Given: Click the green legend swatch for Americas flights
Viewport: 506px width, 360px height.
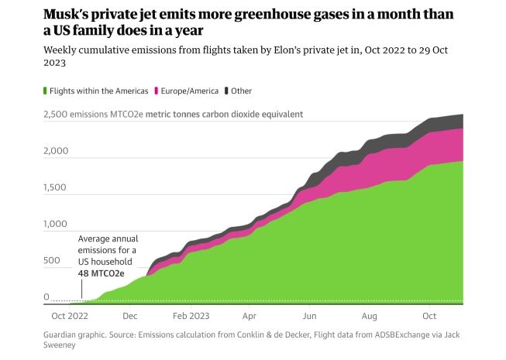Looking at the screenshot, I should [x=45, y=91].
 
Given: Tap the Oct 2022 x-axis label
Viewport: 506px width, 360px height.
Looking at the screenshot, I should [x=68, y=317].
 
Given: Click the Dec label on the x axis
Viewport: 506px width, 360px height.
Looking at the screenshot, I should [x=130, y=317].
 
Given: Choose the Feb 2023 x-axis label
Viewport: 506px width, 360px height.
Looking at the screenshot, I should [x=191, y=317].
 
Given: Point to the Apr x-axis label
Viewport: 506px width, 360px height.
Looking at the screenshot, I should [x=250, y=317].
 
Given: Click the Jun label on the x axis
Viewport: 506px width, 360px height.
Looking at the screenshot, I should [x=309, y=317].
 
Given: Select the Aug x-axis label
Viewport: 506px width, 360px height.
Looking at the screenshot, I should [x=370, y=317].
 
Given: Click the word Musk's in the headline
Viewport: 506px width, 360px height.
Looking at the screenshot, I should [x=70, y=15].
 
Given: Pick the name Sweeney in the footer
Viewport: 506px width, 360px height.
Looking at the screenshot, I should [x=62, y=347].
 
